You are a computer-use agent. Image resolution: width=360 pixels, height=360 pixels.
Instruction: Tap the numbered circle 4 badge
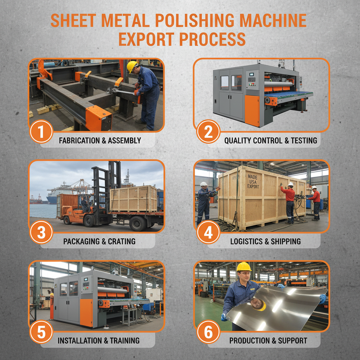(x=208, y=233)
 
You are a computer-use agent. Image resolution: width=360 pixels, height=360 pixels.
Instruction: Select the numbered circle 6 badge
(x=208, y=332)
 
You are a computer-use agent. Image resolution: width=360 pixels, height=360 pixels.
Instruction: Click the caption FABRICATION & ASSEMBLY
(x=100, y=141)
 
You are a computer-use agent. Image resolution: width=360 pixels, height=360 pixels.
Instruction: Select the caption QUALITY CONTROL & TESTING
(x=270, y=141)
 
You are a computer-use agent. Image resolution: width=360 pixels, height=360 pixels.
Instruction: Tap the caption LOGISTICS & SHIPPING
(x=265, y=242)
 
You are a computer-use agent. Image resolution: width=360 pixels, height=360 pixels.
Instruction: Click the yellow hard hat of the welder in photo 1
(x=132, y=66)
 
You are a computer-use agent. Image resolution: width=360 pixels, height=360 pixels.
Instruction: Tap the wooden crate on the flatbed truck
(x=133, y=199)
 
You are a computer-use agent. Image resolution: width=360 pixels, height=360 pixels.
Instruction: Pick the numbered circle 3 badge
(x=41, y=233)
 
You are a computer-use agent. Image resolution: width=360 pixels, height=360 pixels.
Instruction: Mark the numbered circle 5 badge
(x=41, y=332)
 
